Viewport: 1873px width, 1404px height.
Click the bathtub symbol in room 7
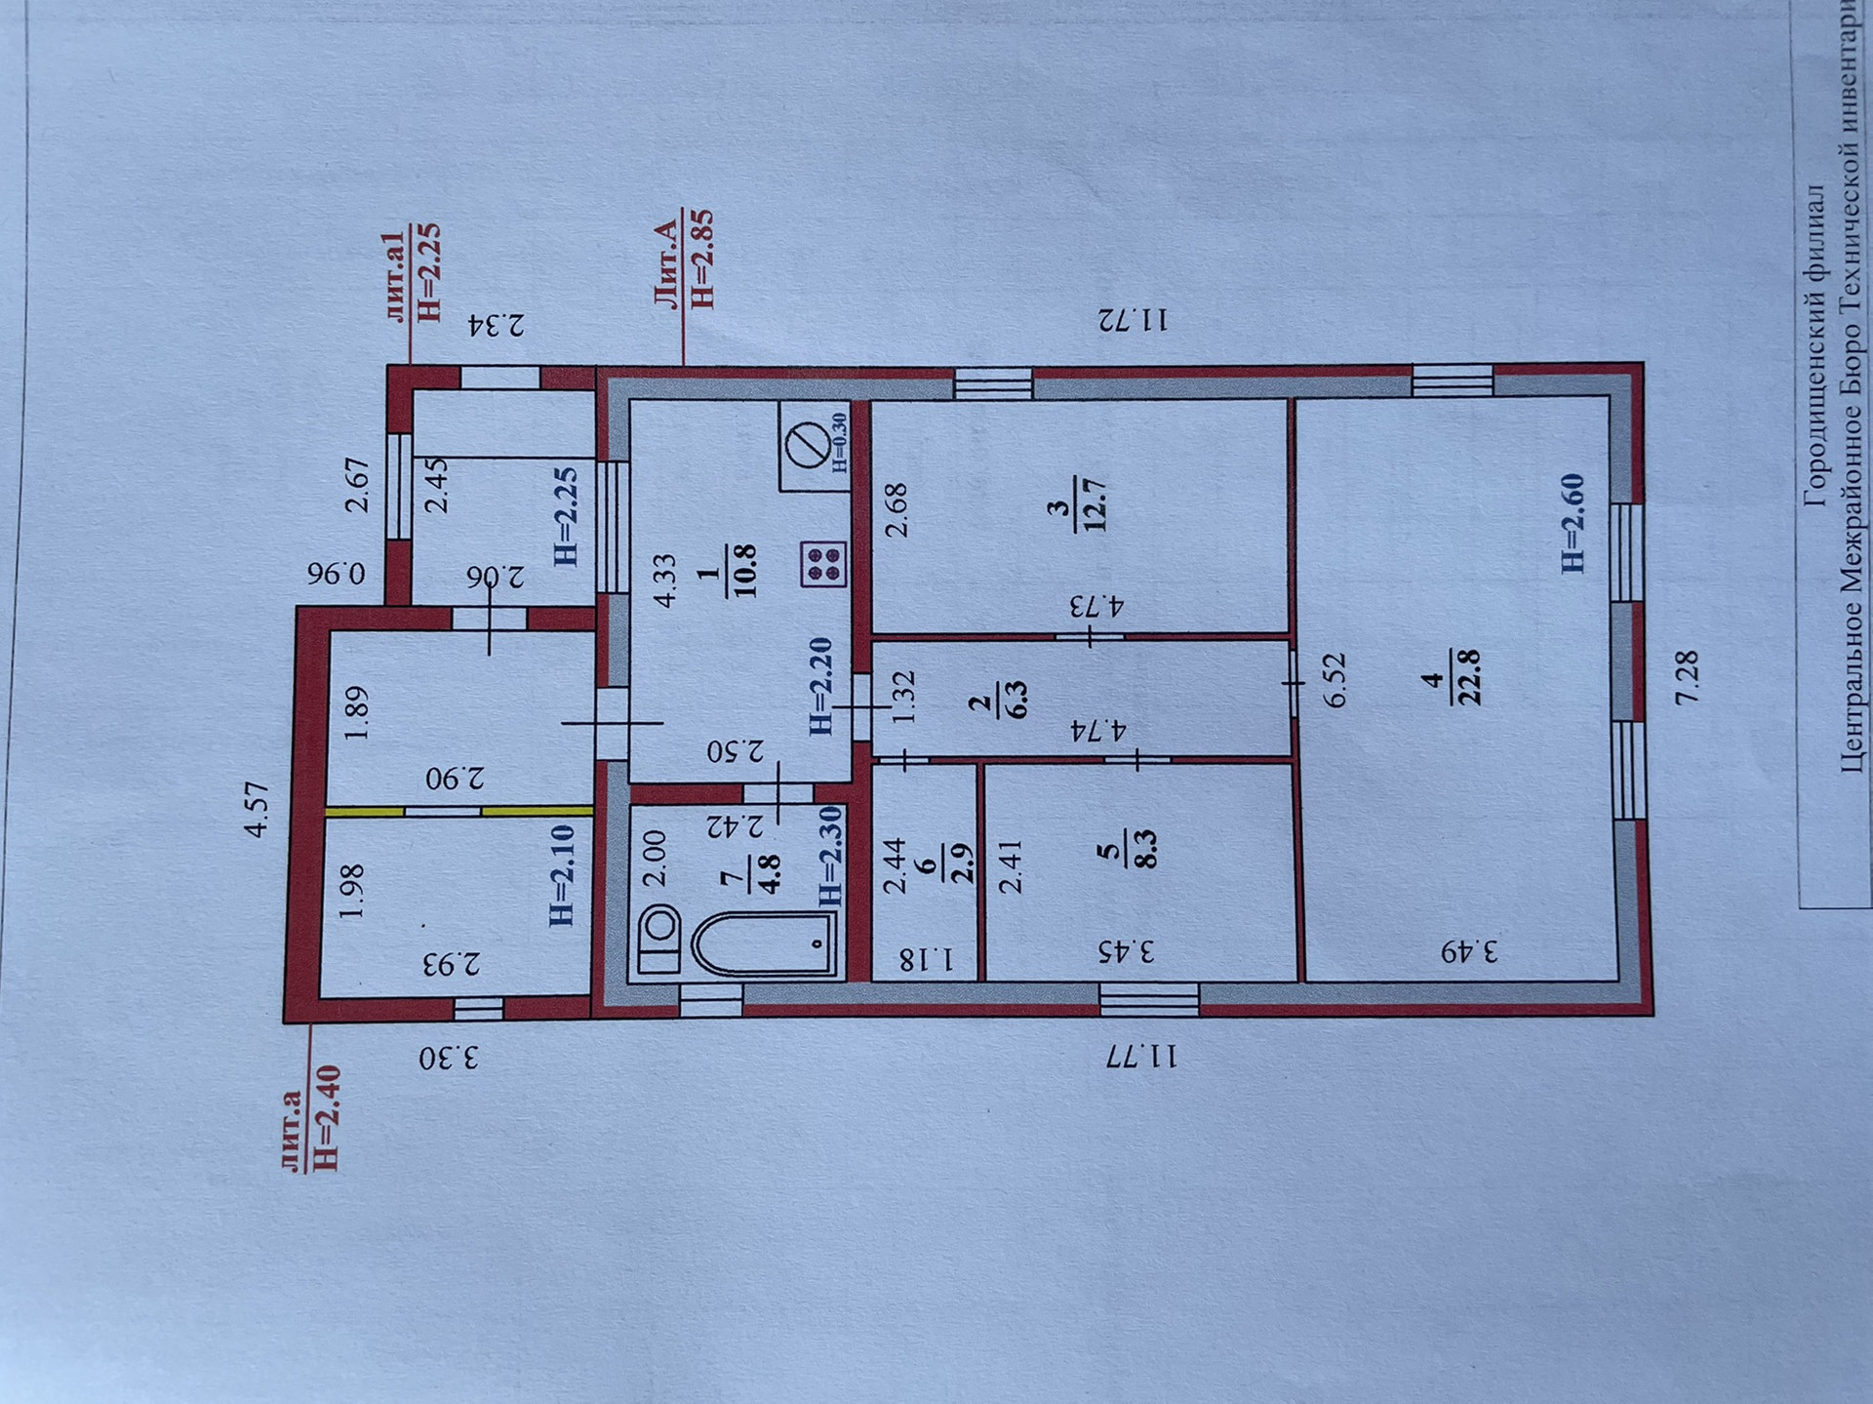click(764, 943)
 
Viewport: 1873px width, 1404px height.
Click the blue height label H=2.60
click(1572, 523)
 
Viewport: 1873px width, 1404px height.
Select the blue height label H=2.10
click(562, 874)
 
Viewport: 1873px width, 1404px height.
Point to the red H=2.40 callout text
click(325, 1118)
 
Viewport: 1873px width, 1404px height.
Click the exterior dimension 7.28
click(1687, 676)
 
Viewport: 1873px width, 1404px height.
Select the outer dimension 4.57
click(257, 809)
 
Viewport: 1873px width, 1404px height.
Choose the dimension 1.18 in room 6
click(924, 960)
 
